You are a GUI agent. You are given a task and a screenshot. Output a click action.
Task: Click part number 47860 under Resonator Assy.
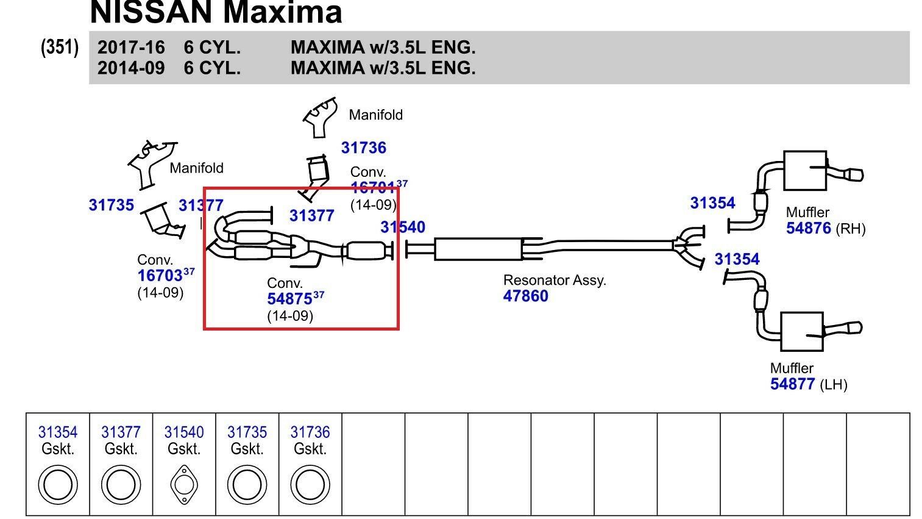pyautogui.click(x=525, y=296)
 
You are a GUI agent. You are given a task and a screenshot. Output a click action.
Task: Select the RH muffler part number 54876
pyautogui.click(x=808, y=229)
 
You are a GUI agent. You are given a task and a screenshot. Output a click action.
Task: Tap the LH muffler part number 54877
pyautogui.click(x=792, y=384)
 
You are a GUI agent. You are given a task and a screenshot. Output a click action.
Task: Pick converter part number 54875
pyautogui.click(x=289, y=299)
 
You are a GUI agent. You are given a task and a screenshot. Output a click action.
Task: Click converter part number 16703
pyautogui.click(x=160, y=276)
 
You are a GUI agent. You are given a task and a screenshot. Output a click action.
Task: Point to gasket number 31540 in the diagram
pyautogui.click(x=402, y=227)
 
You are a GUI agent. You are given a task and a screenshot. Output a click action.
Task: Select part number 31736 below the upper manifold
pyautogui.click(x=363, y=148)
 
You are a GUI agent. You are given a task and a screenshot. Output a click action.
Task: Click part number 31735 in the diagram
pyautogui.click(x=111, y=206)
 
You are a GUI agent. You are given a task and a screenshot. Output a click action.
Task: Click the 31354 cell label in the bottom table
pyautogui.click(x=58, y=432)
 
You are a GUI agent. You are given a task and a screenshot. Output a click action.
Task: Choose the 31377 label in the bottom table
pyautogui.click(x=121, y=432)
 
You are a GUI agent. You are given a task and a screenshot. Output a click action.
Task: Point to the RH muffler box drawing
pyautogui.click(x=804, y=170)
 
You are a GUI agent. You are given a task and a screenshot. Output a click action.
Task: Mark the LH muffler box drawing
pyautogui.click(x=802, y=332)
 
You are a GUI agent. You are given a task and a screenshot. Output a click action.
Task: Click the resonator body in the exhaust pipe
pyautogui.click(x=478, y=249)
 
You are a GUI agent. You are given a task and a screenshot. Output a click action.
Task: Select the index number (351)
pyautogui.click(x=60, y=47)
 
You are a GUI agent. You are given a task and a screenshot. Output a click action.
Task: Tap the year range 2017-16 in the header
pyautogui.click(x=131, y=48)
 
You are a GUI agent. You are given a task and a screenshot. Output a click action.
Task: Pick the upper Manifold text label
pyautogui.click(x=375, y=115)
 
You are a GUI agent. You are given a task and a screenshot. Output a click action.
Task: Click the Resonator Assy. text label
pyautogui.click(x=554, y=281)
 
